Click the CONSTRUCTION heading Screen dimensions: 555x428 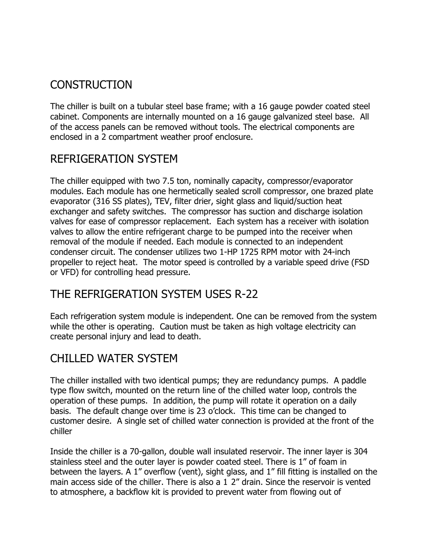[x=91, y=85]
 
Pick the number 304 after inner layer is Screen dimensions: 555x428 [x=360, y=452]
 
